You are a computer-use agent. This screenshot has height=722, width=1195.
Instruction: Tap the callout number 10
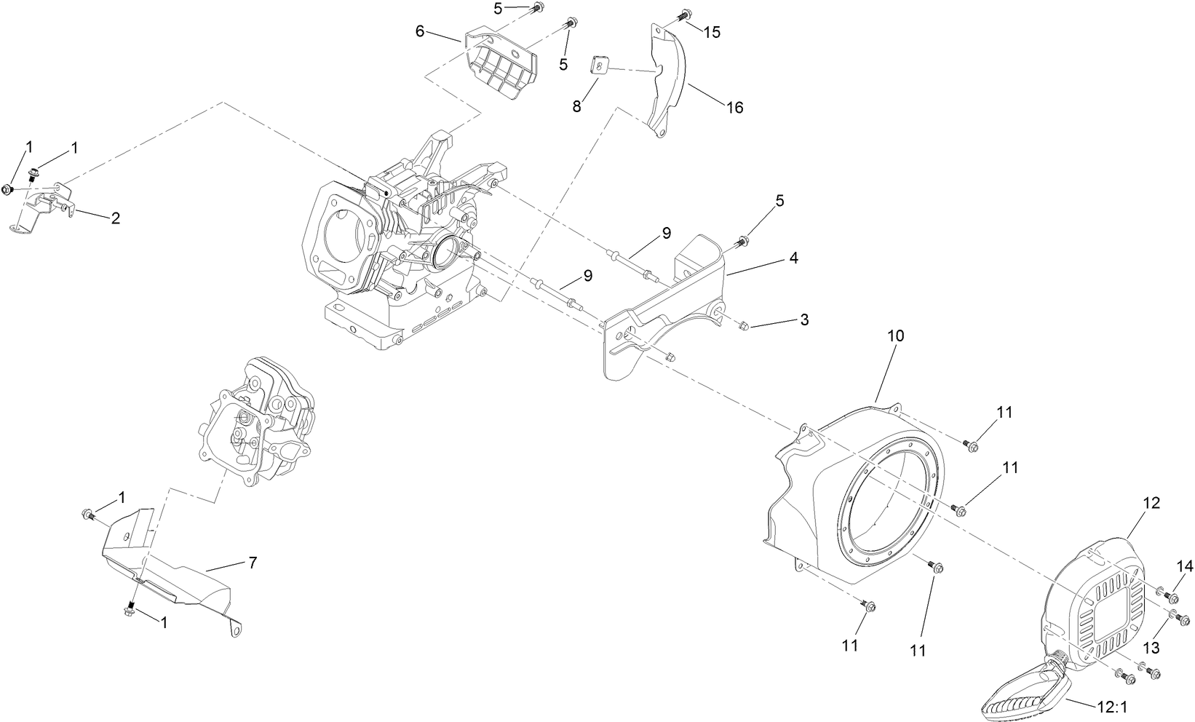coord(896,336)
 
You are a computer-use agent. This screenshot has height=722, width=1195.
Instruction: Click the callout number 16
coord(734,107)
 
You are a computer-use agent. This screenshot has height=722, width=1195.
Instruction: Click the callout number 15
coord(712,33)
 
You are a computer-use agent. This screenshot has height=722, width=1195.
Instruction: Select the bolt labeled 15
coord(684,15)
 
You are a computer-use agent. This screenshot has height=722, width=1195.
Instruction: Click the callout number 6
coord(420,31)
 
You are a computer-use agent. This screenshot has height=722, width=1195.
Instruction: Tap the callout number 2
coord(116,218)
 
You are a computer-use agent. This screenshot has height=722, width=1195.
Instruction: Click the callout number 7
coord(252,562)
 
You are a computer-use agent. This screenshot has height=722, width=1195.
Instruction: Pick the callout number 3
coord(803,320)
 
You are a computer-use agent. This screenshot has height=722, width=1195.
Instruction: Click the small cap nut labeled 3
coord(742,328)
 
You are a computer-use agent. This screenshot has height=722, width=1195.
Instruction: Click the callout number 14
coord(1186,566)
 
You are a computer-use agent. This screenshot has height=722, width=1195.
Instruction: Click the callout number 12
coord(1151,503)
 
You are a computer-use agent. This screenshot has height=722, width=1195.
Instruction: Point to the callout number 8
coord(576,106)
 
